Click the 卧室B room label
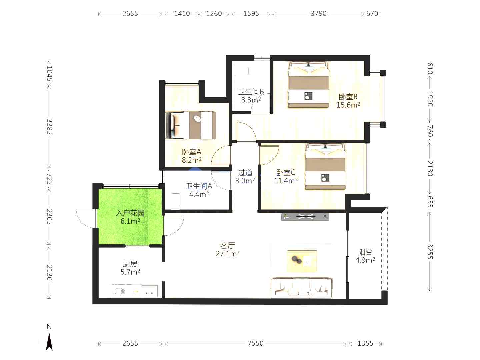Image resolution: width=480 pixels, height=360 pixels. tap(348, 96)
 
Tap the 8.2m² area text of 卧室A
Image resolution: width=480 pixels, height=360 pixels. tap(192, 160)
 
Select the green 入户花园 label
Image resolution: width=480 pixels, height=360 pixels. tap(130, 213)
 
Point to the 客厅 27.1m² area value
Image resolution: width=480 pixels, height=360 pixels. tap(227, 254)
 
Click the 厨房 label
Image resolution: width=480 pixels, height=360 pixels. tap(130, 264)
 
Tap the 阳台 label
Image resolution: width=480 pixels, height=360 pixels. tap(365, 252)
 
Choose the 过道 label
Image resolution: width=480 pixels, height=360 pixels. tap(245, 173)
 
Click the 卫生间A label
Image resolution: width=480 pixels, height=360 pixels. tap(199, 186)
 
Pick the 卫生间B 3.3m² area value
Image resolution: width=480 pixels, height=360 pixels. tap(251, 100)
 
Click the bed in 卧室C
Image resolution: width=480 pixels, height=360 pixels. tap(325, 166)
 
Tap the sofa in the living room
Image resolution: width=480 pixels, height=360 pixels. tap(302, 288)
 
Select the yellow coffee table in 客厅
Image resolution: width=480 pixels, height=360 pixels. tap(302, 261)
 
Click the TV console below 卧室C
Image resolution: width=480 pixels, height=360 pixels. tap(305, 217)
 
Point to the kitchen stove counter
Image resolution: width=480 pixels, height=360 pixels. tap(134, 291)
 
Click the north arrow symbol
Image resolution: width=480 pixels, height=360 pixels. tap(49, 342)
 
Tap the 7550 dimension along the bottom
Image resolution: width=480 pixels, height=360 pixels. tap(255, 343)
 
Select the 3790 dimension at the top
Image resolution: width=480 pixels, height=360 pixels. tap(319, 14)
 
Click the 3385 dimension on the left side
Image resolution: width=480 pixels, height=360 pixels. tap(49, 127)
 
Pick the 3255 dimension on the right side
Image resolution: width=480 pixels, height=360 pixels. tap(430, 251)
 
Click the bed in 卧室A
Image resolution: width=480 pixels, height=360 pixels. tap(191, 125)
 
